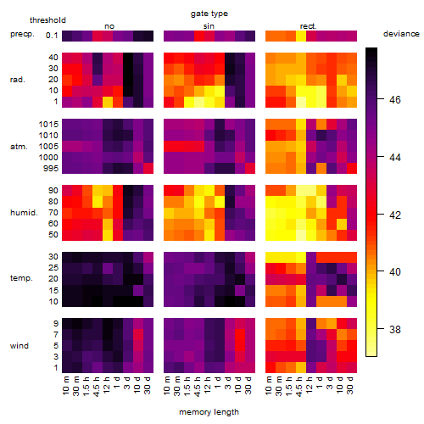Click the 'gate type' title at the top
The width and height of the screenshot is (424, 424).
point(209,14)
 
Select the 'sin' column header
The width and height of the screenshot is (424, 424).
point(209,26)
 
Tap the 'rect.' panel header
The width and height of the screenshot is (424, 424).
point(309,26)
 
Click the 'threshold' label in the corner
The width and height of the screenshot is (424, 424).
point(47,20)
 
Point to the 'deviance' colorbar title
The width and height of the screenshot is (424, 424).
point(401,34)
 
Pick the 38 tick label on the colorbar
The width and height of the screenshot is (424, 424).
point(395,329)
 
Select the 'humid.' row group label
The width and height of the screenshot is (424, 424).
point(24,213)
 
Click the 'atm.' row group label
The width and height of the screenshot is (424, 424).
point(19,147)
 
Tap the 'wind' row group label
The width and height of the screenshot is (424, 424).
point(20,346)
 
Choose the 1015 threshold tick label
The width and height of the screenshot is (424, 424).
point(48,125)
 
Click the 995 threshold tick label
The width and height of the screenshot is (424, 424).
point(51,169)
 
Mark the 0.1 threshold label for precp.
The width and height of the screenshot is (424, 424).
point(52,36)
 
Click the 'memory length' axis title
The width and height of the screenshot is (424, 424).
point(209,412)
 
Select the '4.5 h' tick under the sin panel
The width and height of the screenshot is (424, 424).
point(198,386)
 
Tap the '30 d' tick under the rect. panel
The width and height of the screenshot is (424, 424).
point(350,385)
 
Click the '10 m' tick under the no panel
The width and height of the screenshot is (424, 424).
point(65,386)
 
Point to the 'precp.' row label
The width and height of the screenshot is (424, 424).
point(22,34)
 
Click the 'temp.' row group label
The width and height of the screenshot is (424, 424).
point(21,278)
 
